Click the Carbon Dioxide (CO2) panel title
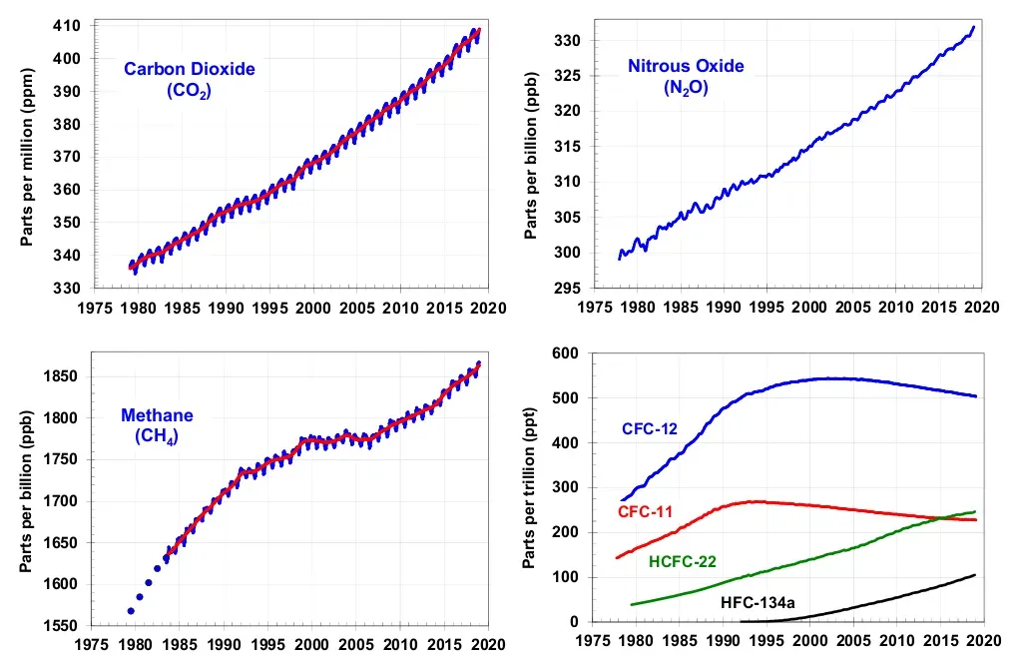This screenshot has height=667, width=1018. [189, 79]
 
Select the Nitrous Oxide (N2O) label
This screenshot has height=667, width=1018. [685, 76]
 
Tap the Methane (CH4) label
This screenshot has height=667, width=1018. [157, 424]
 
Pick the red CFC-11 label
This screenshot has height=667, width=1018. [645, 512]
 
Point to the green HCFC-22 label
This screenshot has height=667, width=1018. [682, 562]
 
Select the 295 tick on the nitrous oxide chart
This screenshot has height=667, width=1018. [568, 289]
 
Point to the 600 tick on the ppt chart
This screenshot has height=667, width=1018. [568, 352]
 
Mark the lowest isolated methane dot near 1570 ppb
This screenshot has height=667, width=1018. [131, 610]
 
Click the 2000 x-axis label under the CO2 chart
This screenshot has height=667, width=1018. [313, 308]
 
